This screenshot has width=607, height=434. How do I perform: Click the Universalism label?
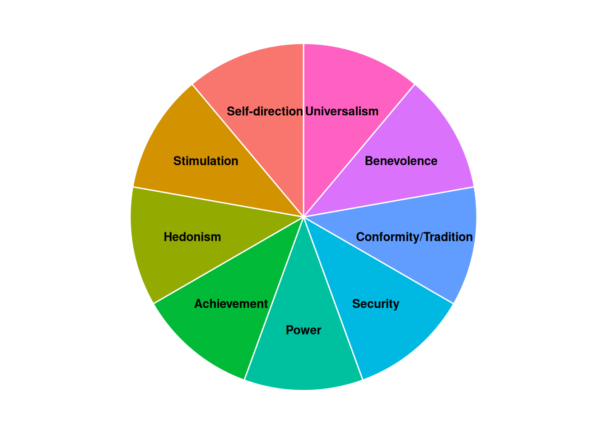[342, 111]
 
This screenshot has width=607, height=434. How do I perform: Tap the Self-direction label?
[265, 111]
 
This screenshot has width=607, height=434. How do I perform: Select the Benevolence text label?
[401, 161]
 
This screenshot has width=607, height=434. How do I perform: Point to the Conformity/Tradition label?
[414, 237]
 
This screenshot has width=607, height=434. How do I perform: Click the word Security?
[376, 304]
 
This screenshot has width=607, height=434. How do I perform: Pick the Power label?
[303, 330]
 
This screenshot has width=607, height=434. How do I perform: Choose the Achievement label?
[231, 304]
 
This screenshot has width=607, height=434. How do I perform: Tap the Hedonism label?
[192, 237]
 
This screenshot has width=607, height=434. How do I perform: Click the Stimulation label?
[205, 161]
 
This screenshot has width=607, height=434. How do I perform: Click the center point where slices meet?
[303, 217]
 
